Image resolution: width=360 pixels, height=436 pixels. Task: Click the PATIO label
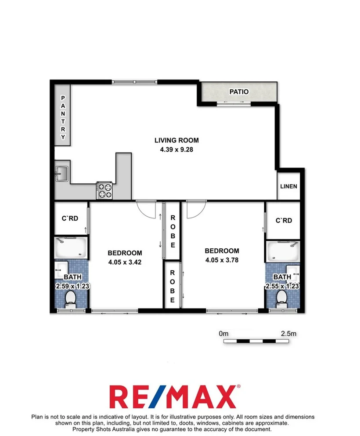click(x=239, y=92)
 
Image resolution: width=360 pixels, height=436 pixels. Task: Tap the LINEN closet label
click(x=288, y=186)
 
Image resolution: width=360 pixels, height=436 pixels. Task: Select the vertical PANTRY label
click(x=63, y=117)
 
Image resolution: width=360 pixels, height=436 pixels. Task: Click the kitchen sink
click(x=61, y=173)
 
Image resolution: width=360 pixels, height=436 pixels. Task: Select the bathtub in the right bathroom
click(x=283, y=250)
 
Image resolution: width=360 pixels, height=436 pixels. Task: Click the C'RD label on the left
click(x=70, y=218)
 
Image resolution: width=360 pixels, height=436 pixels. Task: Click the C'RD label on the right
click(x=284, y=220)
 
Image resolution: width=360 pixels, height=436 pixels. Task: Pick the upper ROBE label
click(x=173, y=231)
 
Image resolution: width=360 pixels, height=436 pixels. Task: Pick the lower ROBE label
click(x=173, y=284)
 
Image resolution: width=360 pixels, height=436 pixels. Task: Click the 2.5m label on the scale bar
click(x=288, y=334)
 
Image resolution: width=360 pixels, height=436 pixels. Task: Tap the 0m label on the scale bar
click(x=224, y=334)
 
